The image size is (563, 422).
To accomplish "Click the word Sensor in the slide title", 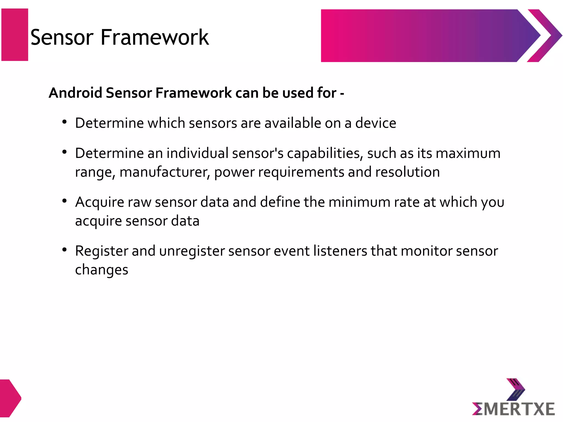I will pyautogui.click(x=62, y=37).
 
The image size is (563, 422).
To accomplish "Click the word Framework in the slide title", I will pyautogui.click(x=154, y=37).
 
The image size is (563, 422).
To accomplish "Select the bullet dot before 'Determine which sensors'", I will pyautogui.click(x=65, y=122).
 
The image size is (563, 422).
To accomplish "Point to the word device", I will pyautogui.click(x=376, y=123).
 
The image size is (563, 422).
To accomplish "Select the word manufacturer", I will pyautogui.click(x=165, y=173).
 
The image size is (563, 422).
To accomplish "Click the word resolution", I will pyautogui.click(x=407, y=172).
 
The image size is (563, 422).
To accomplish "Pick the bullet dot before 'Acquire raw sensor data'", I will pyautogui.click(x=65, y=201).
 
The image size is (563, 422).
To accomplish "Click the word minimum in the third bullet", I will pyautogui.click(x=359, y=202).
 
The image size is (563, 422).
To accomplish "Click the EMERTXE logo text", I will pyautogui.click(x=513, y=409).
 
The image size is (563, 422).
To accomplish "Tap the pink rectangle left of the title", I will pyautogui.click(x=15, y=35).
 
